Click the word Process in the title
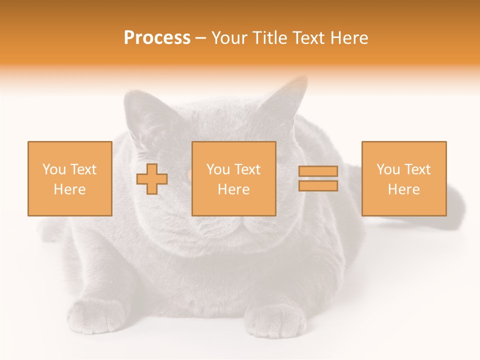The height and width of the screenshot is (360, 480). point(157,38)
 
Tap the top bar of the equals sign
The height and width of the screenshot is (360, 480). point(318,171)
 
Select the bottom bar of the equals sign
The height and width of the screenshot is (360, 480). point(318,186)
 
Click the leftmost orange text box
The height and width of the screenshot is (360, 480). point(69,178)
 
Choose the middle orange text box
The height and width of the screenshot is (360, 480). point(233,178)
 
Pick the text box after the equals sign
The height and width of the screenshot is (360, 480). point(403,178)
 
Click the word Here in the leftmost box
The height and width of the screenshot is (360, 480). point(69,189)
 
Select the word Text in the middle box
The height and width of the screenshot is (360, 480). point(247,169)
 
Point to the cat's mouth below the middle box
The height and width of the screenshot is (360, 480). point(235,227)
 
